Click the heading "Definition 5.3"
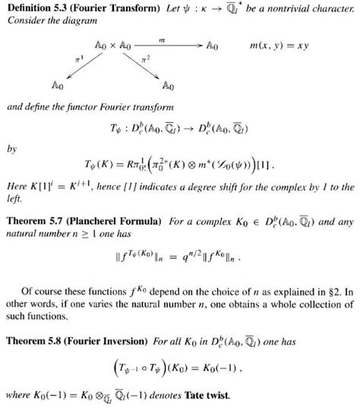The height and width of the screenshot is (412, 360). point(35,8)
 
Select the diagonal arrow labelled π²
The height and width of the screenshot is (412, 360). point(144,64)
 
